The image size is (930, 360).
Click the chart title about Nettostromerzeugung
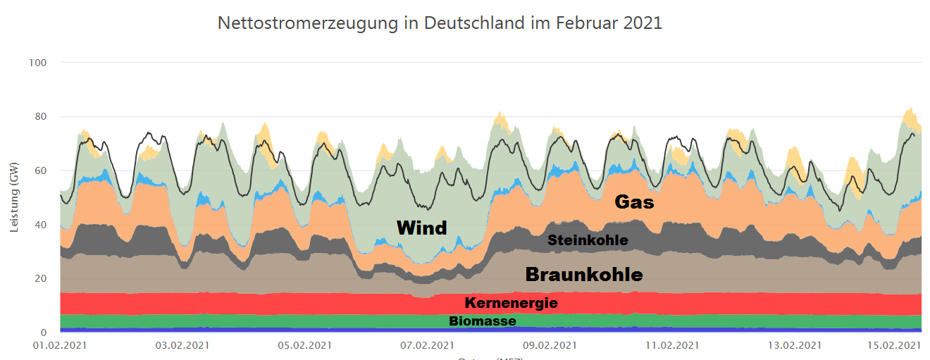[x=440, y=23]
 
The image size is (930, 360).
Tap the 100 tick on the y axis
[x=38, y=63]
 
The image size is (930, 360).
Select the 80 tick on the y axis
[x=40, y=117]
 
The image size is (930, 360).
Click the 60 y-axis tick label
[x=40, y=170]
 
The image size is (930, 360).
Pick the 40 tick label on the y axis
[x=40, y=225]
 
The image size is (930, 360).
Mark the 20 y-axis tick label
[x=40, y=279]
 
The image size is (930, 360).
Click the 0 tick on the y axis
[x=44, y=333]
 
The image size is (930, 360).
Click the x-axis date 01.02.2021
[x=61, y=346]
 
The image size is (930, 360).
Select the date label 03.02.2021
[x=182, y=346]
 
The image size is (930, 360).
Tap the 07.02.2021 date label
[x=427, y=346]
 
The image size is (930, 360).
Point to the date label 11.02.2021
[x=672, y=346]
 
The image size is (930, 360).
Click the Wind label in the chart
[x=421, y=228]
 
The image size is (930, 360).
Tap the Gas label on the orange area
[x=634, y=203]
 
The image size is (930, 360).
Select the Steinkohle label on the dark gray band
[x=588, y=240]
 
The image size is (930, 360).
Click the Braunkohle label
[x=584, y=274]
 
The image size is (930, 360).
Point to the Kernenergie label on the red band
[x=511, y=303]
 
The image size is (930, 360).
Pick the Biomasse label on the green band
[x=483, y=321]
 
